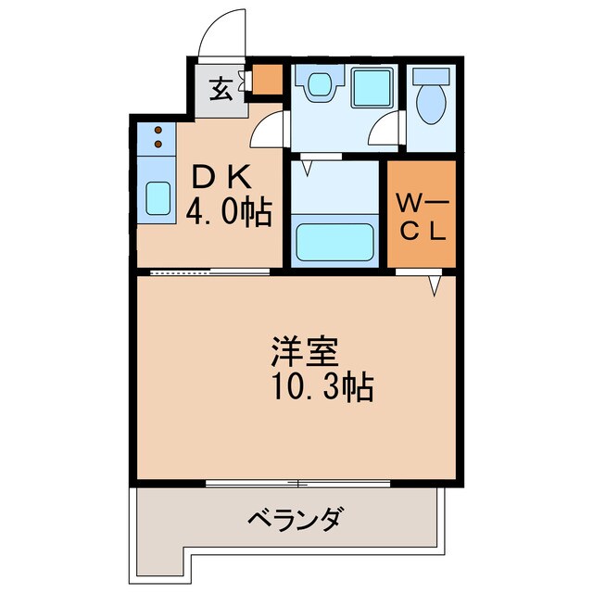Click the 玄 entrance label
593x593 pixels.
pyautogui.click(x=221, y=90)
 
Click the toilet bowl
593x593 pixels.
pyautogui.click(x=430, y=102)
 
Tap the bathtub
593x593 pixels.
pyautogui.click(x=334, y=243)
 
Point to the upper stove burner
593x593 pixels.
pyautogui.click(x=158, y=130)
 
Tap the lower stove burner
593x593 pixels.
pyautogui.click(x=158, y=144)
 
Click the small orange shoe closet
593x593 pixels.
pyautogui.click(x=269, y=81)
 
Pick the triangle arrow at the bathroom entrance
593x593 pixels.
pyautogui.click(x=305, y=168)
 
